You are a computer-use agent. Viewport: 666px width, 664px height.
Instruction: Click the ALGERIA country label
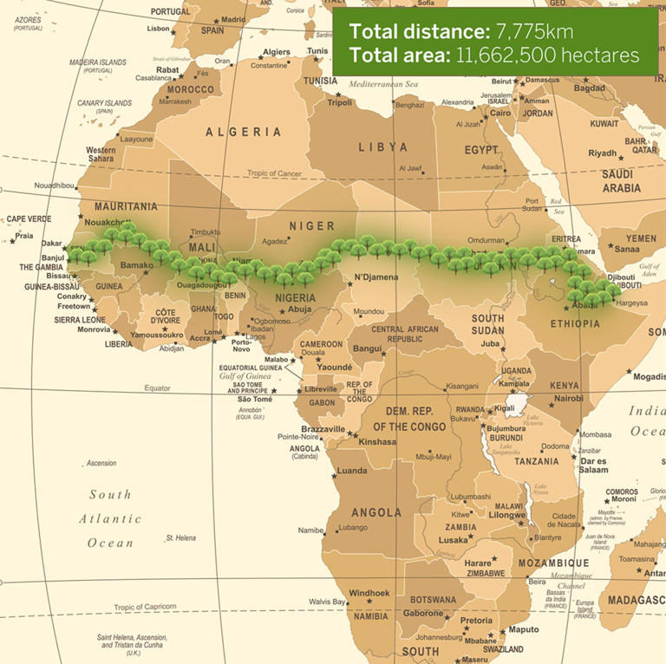243,132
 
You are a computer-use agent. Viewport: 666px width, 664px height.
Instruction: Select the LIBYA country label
382,147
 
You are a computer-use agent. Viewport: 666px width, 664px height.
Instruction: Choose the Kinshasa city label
376,441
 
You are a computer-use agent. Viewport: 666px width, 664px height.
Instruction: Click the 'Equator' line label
158,387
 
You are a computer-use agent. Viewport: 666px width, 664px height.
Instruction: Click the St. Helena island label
181,537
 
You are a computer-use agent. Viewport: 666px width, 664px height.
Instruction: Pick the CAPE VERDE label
29,219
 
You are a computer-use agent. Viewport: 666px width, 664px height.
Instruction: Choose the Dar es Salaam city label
593,465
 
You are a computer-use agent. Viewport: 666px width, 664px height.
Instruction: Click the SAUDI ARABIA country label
622,181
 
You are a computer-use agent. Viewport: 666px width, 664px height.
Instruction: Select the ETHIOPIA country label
575,323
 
